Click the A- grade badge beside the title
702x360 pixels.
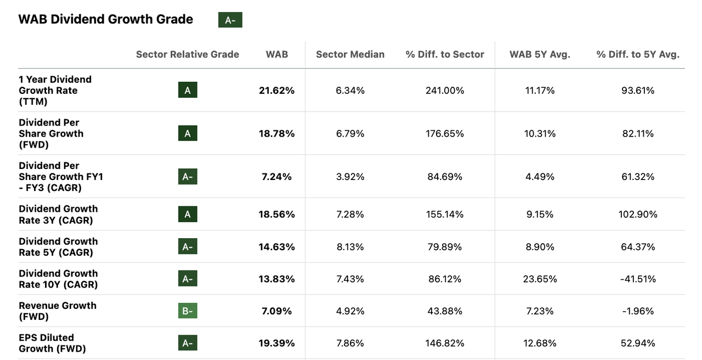point(230,20)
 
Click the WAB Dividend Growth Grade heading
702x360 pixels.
point(106,19)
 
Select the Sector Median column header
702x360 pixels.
point(350,54)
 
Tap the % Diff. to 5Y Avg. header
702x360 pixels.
point(638,54)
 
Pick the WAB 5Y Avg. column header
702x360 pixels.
point(540,54)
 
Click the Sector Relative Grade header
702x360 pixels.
point(188,54)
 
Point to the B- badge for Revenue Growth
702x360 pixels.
point(188,311)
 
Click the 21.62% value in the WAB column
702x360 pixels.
point(276,91)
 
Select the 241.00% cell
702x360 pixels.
point(445,91)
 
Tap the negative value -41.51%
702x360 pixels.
point(638,279)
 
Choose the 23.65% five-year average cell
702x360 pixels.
point(540,279)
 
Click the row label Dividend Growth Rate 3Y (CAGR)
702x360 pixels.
point(58,215)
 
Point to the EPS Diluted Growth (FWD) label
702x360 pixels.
point(52,343)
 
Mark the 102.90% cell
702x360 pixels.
point(638,215)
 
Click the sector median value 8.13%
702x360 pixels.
point(350,247)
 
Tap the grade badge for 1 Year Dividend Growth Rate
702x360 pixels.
point(188,91)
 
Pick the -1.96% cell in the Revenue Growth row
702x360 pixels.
point(638,311)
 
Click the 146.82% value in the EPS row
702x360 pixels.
point(445,343)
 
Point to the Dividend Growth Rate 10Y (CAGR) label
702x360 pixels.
point(58,279)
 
